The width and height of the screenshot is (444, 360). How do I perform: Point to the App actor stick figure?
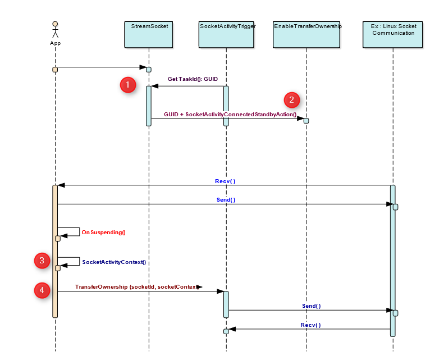[x=55, y=29]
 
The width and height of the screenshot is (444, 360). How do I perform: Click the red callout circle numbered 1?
[x=128, y=85]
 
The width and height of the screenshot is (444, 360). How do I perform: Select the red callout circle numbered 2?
[x=291, y=100]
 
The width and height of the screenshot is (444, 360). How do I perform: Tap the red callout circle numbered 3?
[x=42, y=260]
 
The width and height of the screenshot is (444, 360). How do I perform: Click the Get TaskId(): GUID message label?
[x=192, y=79]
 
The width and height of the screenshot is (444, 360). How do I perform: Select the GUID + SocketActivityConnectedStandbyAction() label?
[x=230, y=114]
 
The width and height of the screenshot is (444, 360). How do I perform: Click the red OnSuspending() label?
[x=104, y=232]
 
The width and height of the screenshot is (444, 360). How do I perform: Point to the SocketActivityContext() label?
[x=114, y=262]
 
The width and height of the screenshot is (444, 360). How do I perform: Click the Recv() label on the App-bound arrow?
[x=225, y=181]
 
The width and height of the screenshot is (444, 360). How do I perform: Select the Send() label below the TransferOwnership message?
[x=311, y=306]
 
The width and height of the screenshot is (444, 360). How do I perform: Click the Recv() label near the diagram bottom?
[x=310, y=325]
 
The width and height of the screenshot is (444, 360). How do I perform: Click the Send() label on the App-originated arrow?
[x=226, y=199]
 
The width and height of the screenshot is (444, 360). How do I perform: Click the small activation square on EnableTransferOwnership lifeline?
[x=306, y=121]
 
